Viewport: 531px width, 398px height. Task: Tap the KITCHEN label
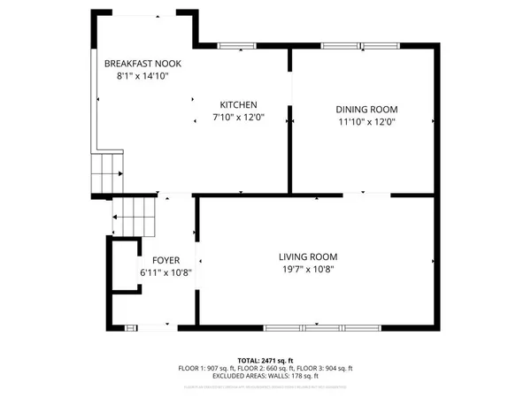[x=239, y=103]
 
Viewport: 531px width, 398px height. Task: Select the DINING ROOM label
[x=364, y=109]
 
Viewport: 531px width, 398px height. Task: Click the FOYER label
[x=165, y=260]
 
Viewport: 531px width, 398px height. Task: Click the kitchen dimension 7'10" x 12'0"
[x=239, y=117]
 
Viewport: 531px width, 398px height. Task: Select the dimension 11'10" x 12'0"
[x=364, y=122]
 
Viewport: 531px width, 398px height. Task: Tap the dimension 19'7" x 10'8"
[x=308, y=269]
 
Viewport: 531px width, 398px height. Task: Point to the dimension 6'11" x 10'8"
[x=165, y=272]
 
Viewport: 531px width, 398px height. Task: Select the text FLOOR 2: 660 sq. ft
[x=265, y=367]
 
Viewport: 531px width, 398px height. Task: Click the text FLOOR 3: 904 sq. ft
[x=327, y=367]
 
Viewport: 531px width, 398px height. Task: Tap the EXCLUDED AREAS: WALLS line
[x=265, y=376]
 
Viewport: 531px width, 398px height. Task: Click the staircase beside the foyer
[x=133, y=216]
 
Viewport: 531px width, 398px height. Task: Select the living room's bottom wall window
[x=317, y=328]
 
